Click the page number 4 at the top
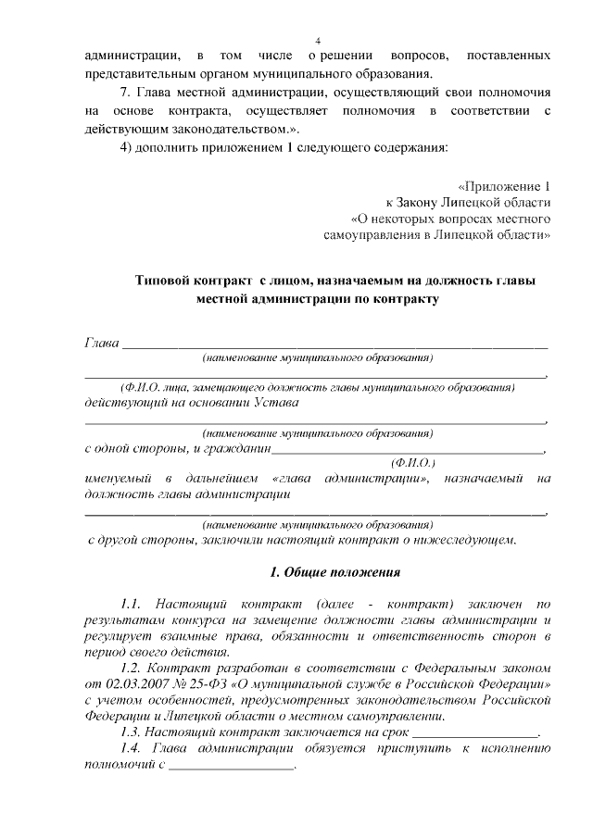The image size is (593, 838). (x=318, y=41)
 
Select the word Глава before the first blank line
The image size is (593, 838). (x=102, y=344)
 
